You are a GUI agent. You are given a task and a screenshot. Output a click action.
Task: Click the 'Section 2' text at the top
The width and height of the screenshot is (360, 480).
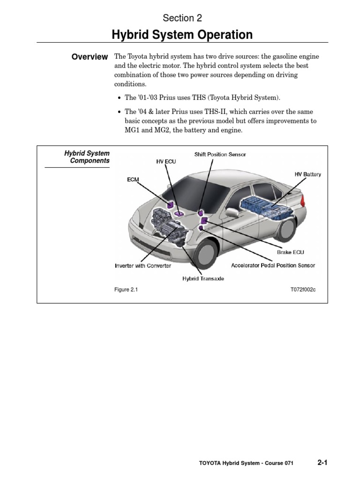[182, 18]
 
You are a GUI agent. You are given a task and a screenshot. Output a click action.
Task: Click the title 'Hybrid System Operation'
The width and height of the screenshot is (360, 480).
[182, 35]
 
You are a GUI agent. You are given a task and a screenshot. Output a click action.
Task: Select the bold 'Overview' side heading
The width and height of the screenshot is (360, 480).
[90, 57]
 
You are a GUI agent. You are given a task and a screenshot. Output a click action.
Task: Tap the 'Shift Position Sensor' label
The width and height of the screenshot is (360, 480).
[220, 154]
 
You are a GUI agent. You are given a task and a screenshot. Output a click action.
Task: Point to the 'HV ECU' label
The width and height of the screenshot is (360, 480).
[166, 161]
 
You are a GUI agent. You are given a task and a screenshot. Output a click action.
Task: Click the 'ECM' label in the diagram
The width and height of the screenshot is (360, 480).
[133, 179]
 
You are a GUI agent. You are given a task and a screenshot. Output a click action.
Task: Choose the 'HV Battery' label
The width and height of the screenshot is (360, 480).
[307, 174]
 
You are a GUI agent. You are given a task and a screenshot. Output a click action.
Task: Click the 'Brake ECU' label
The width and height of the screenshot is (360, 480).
[291, 252]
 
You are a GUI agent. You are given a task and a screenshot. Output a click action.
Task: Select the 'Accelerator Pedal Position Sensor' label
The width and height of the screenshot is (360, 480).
[273, 265]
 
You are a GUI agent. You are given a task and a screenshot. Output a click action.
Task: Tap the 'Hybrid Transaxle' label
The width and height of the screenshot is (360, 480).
[203, 278]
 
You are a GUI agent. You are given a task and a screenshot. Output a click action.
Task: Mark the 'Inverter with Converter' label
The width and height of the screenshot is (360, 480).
[143, 266]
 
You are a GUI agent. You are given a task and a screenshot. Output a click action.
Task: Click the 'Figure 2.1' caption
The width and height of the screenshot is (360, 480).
[126, 290]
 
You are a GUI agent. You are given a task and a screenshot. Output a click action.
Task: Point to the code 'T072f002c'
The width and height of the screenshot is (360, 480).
[303, 290]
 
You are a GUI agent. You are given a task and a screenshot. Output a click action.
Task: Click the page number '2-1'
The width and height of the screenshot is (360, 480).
[322, 463]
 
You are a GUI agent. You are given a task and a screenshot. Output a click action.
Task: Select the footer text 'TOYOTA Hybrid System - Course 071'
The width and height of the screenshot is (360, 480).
[246, 463]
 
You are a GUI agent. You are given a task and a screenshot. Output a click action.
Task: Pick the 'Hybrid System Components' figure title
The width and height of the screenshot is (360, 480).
[87, 157]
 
